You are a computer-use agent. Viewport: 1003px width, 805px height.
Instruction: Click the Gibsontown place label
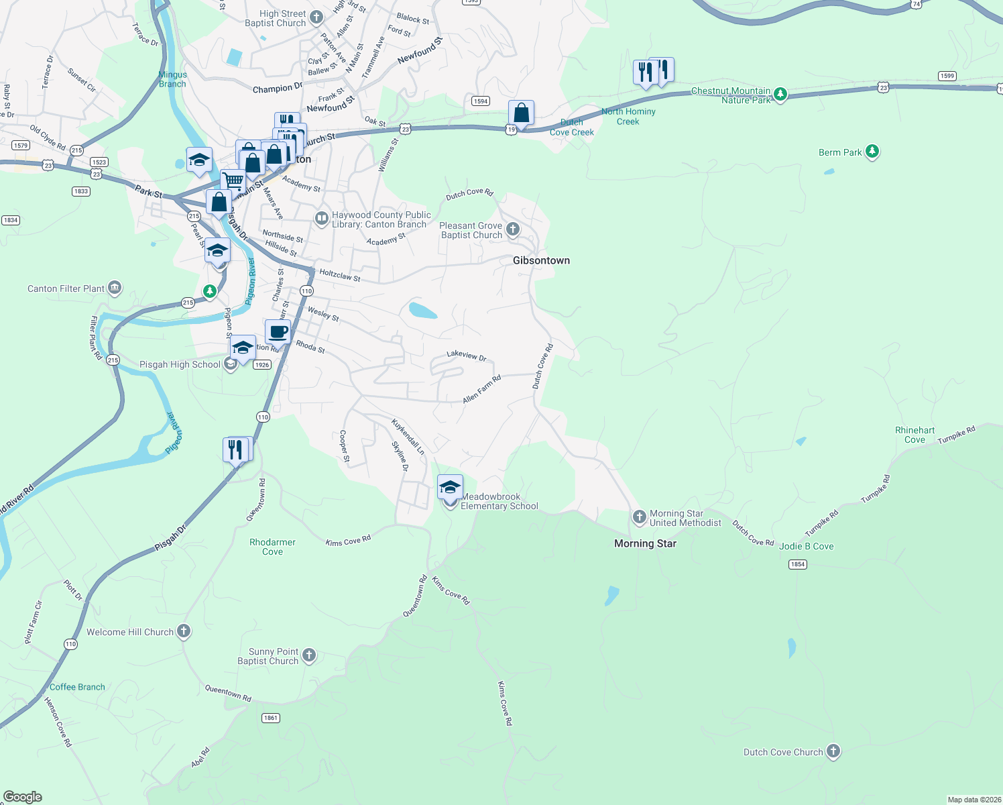[541, 260]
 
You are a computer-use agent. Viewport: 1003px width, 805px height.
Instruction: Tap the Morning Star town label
[645, 543]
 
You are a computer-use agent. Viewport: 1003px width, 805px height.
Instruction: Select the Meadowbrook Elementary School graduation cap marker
[450, 487]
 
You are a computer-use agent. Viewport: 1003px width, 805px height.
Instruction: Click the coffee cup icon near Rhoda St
[278, 331]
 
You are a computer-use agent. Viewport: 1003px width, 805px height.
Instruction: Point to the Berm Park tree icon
[872, 152]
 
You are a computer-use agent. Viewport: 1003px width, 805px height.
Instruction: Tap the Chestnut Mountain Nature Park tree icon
[780, 94]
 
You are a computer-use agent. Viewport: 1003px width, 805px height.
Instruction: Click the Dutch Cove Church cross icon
[833, 751]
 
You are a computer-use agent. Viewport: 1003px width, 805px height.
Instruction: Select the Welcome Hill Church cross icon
[184, 631]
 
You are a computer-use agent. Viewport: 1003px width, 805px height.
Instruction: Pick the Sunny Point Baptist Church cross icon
[308, 655]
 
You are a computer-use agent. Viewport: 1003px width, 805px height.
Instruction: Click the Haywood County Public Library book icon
[322, 218]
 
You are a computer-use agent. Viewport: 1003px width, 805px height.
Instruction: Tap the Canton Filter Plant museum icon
[115, 288]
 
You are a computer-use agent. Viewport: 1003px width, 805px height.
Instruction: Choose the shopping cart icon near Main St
[233, 180]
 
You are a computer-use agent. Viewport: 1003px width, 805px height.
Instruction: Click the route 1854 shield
[797, 564]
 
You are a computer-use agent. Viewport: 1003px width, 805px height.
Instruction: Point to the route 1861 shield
[270, 718]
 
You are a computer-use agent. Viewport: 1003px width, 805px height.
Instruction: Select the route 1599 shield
[947, 76]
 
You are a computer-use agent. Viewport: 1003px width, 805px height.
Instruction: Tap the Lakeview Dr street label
[466, 356]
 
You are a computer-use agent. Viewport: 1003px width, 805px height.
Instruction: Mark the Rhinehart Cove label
[914, 435]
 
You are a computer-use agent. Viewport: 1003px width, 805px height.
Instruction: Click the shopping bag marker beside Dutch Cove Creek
[521, 113]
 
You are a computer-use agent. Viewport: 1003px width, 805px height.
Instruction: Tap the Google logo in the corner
[23, 797]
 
